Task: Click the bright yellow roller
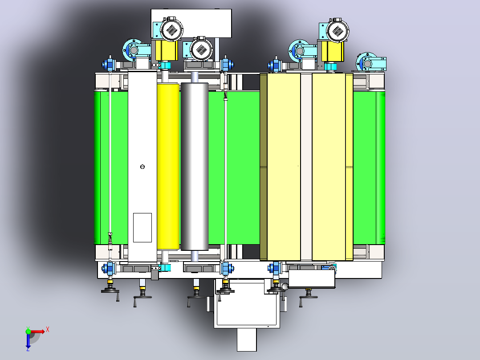[x=168, y=166]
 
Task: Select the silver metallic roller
[x=195, y=166]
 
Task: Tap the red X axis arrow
[x=38, y=331]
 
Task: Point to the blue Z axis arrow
[x=28, y=341]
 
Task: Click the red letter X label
[x=48, y=330]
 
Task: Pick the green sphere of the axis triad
[x=28, y=331]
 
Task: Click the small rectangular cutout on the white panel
[x=142, y=228]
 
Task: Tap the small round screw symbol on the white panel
[x=142, y=167]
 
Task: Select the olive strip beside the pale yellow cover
[x=263, y=167]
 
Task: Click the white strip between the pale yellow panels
[x=306, y=167]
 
